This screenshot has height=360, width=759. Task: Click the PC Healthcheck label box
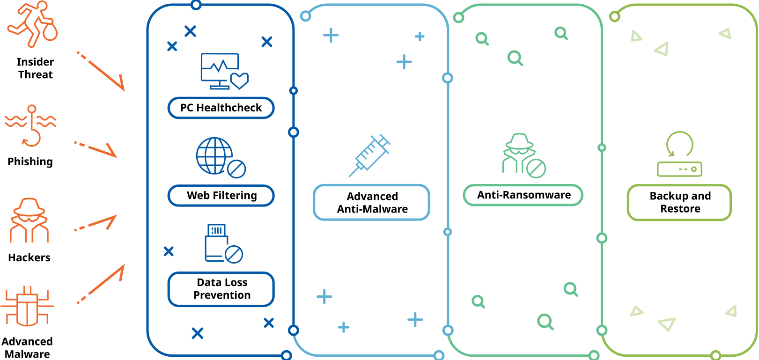[221, 108]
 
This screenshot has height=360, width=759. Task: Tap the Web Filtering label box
[221, 195]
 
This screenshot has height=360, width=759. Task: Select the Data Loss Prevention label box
[221, 289]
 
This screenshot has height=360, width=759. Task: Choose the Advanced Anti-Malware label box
[372, 203]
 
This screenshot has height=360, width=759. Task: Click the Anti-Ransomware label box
[523, 195]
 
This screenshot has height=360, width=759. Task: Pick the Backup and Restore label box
[679, 203]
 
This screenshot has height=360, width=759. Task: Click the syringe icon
[370, 155]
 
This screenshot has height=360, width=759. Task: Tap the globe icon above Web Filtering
[214, 156]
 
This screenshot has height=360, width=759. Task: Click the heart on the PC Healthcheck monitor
[240, 81]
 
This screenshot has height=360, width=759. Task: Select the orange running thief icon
[33, 24]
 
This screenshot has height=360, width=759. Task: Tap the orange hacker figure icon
[29, 220]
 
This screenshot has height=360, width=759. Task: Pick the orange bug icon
[27, 306]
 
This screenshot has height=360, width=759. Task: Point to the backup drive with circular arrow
[679, 154]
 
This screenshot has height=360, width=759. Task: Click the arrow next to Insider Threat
[101, 71]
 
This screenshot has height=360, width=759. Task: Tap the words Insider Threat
[35, 68]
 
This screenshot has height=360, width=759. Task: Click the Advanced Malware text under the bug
[27, 347]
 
